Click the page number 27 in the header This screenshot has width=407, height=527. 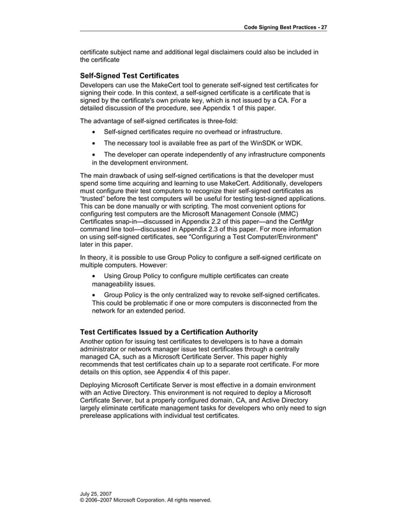click(323, 27)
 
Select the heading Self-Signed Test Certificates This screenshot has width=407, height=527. click(129, 75)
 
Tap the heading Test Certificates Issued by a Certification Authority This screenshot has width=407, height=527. click(168, 332)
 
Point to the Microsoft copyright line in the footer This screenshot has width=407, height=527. click(145, 501)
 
